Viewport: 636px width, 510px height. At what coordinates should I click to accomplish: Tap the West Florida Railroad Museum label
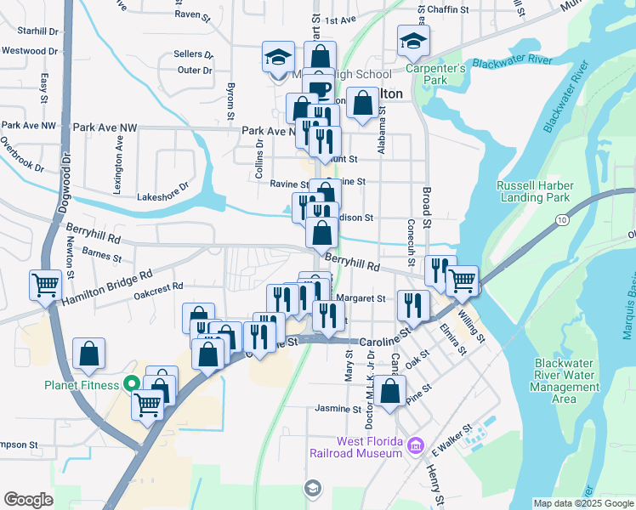tap(368, 447)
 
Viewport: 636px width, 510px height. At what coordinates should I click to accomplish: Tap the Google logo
tap(28, 500)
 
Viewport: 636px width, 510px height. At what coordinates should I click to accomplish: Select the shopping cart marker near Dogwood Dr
tap(45, 286)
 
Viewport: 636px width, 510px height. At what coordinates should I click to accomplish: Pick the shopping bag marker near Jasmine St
tap(389, 393)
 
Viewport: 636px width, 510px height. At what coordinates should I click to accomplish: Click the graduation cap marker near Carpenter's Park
tap(413, 41)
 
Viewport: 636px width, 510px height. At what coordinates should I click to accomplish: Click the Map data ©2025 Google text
tap(583, 503)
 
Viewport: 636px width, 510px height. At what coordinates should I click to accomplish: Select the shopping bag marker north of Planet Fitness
tap(89, 354)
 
